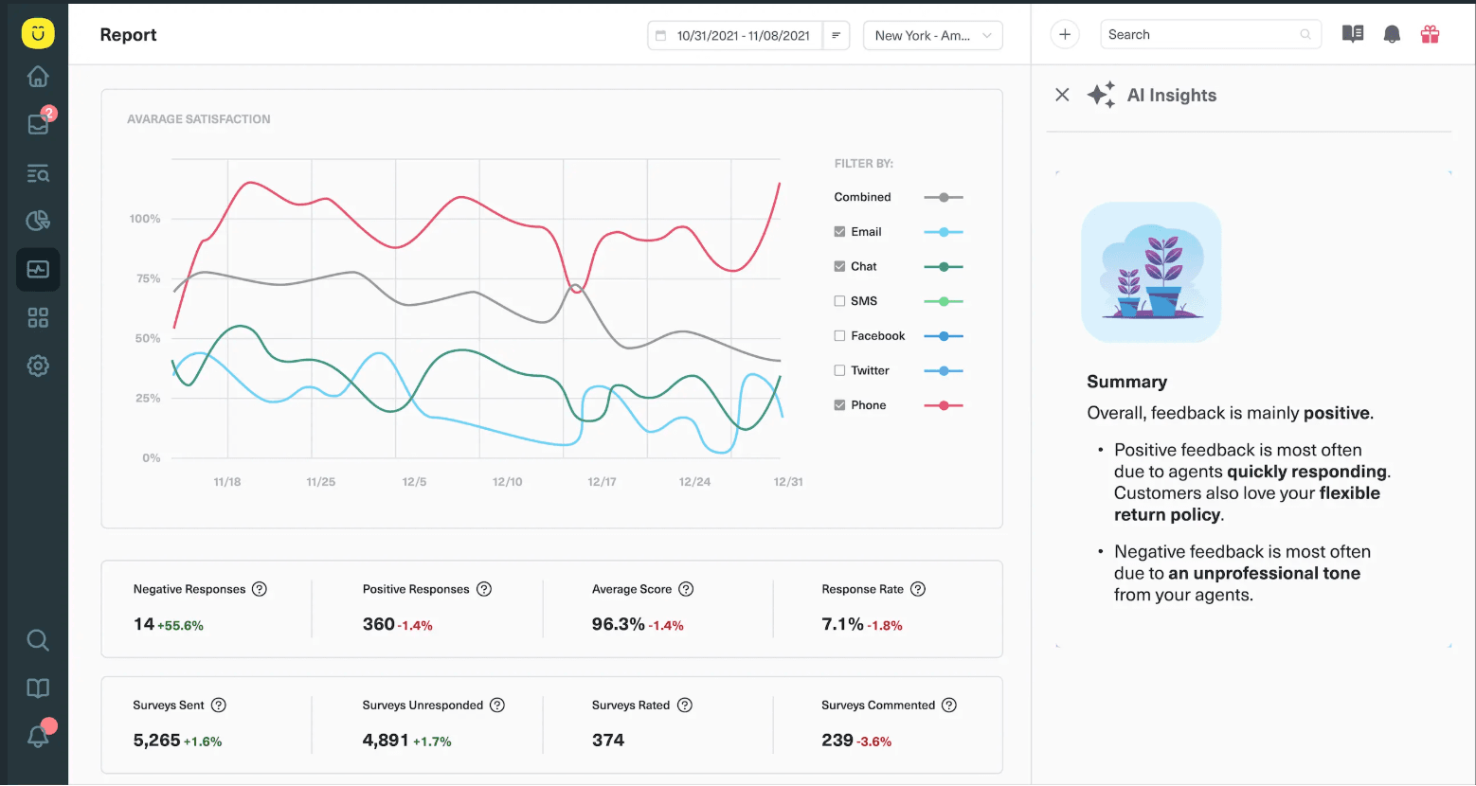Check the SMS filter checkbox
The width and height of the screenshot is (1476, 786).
click(x=839, y=301)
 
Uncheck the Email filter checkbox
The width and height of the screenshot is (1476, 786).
click(x=839, y=232)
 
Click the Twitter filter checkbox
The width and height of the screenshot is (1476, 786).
click(x=839, y=370)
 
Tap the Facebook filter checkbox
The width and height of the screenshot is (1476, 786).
click(x=839, y=336)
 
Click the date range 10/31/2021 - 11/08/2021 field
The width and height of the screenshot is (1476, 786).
click(x=734, y=36)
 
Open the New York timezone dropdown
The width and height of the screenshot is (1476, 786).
click(x=932, y=36)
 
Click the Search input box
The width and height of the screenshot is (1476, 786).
click(x=1200, y=35)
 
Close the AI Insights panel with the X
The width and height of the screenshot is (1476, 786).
click(x=1062, y=95)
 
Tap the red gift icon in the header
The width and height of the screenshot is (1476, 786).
click(x=1430, y=35)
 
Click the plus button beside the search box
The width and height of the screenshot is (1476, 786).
click(x=1065, y=35)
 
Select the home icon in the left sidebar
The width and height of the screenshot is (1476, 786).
click(x=38, y=76)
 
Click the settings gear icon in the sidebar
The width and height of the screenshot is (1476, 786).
click(x=38, y=366)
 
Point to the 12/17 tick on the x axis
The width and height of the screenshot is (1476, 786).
click(x=602, y=482)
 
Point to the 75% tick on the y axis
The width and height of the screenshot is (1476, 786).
click(x=148, y=278)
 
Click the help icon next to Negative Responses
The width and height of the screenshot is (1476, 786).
click(x=260, y=589)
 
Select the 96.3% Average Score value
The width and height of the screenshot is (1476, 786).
click(x=618, y=624)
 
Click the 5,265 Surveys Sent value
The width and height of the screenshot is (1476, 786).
click(x=156, y=741)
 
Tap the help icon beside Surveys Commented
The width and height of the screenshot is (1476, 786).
click(x=949, y=706)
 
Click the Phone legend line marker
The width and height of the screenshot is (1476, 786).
click(x=943, y=405)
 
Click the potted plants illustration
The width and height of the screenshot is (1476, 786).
click(x=1151, y=273)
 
